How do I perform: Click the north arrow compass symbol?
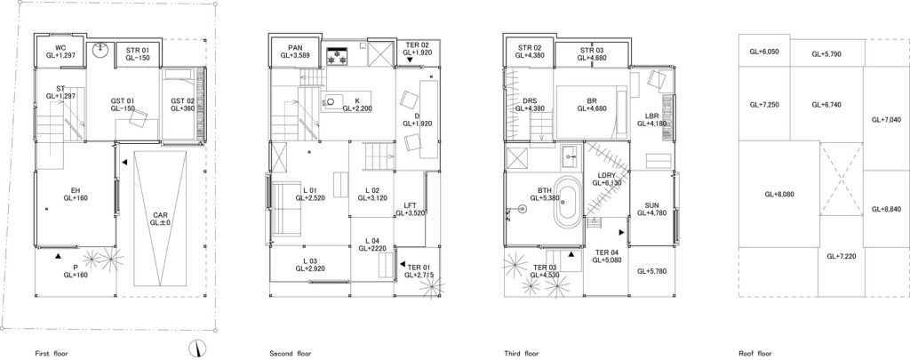pyautogui.click(x=198, y=348)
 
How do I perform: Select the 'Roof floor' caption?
pyautogui.click(x=755, y=353)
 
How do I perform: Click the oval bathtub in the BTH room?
pyautogui.click(x=566, y=203)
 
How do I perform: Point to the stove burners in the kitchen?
pyautogui.click(x=337, y=57)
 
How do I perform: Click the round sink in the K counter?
pyautogui.click(x=331, y=101)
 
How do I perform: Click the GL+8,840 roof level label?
pyautogui.click(x=886, y=209)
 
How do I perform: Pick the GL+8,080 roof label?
pyautogui.click(x=778, y=195)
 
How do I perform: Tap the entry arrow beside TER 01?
pyautogui.click(x=402, y=264)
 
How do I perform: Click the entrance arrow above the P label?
pyautogui.click(x=58, y=255)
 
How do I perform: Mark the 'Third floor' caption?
pyautogui.click(x=521, y=353)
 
